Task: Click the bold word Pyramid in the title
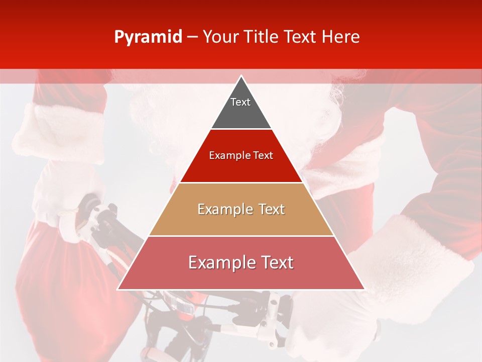(x=148, y=37)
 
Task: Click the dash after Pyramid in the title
(x=192, y=38)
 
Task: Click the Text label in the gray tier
(x=240, y=102)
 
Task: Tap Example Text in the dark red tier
(x=241, y=155)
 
